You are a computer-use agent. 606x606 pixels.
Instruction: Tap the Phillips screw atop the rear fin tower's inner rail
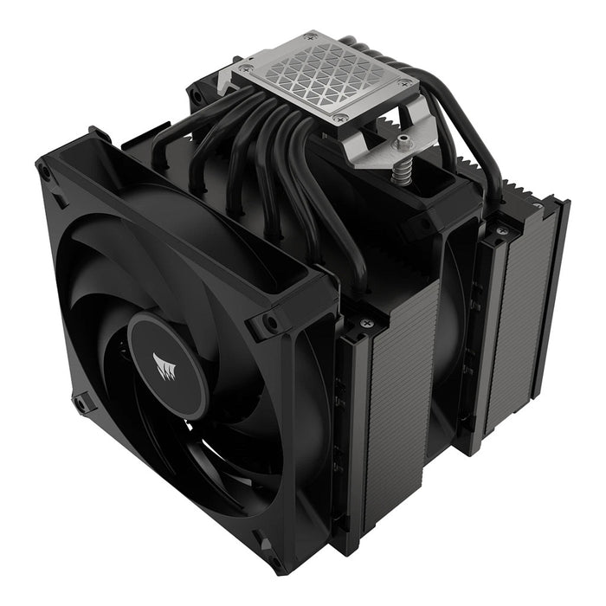point(500,232)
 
